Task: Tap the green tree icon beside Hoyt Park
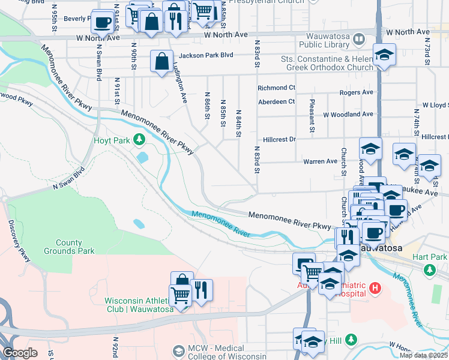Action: pyautogui.click(x=139, y=140)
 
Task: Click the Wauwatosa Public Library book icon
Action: pyautogui.click(x=359, y=39)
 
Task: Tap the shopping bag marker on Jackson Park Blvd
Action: pyautogui.click(x=162, y=61)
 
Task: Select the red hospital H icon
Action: pyautogui.click(x=376, y=289)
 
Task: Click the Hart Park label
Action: pyautogui.click(x=430, y=257)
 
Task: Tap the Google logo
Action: pyautogui.click(x=20, y=353)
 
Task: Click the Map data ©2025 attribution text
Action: pyautogui.click(x=423, y=355)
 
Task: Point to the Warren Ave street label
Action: pyautogui.click(x=320, y=161)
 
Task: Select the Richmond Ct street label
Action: pyautogui.click(x=276, y=88)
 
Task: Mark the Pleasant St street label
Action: pyautogui.click(x=312, y=116)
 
